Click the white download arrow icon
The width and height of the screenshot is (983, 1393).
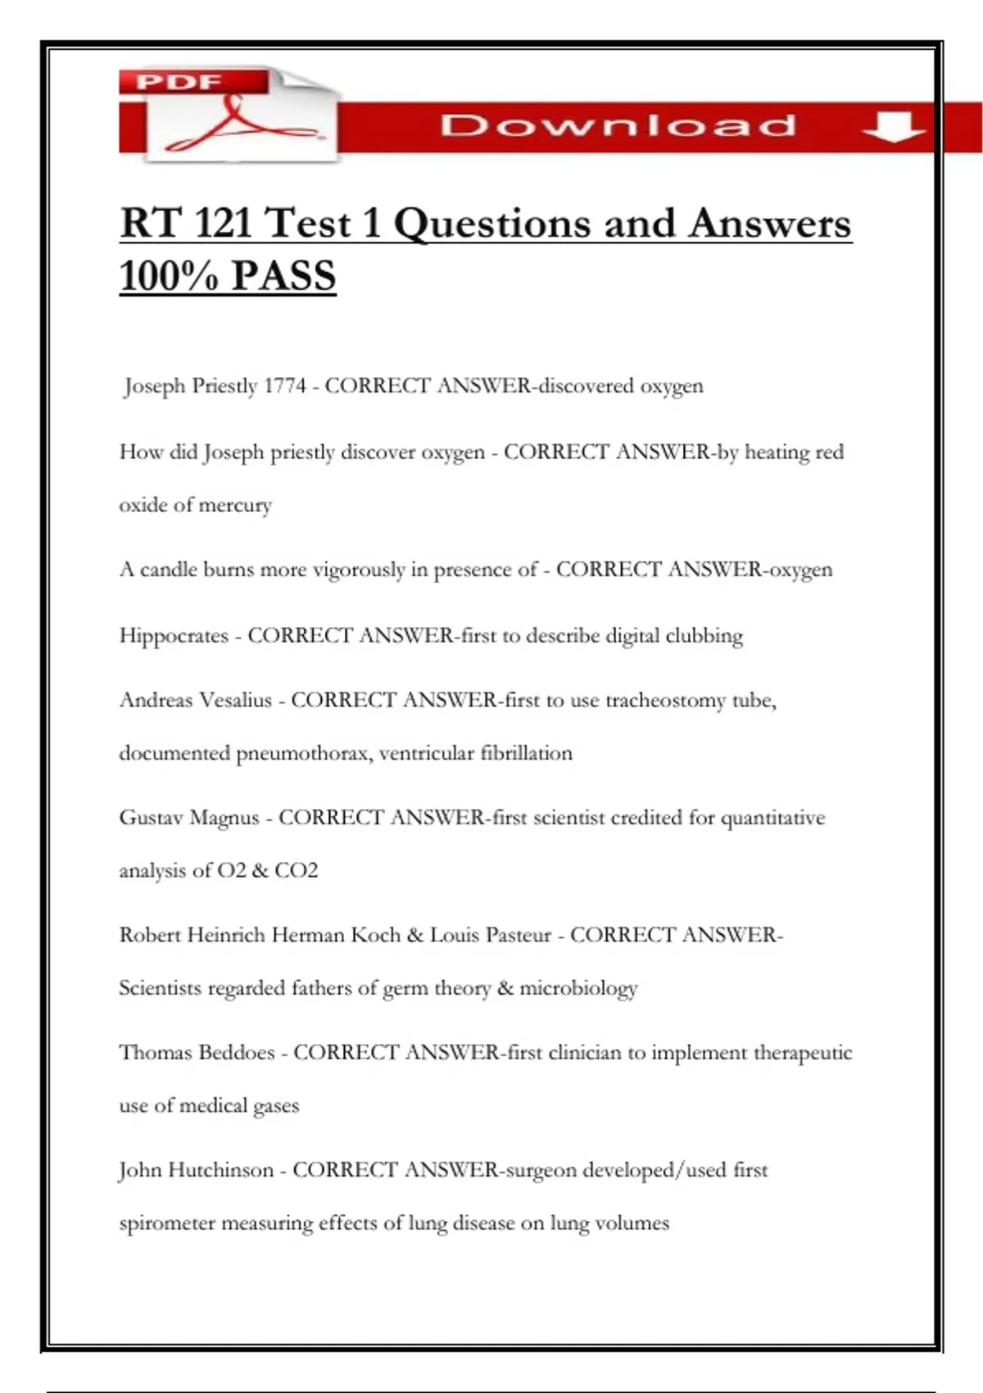click(x=894, y=128)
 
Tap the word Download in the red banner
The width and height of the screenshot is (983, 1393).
click(x=618, y=126)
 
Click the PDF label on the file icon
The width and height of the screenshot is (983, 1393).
click(x=179, y=82)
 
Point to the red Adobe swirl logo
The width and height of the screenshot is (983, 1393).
click(x=238, y=125)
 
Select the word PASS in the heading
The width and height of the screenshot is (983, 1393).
click(x=283, y=275)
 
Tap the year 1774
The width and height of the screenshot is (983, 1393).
click(x=284, y=385)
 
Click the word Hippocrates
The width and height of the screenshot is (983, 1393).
click(x=174, y=636)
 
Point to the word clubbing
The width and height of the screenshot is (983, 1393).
click(x=704, y=636)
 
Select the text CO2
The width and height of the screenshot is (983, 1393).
click(x=296, y=870)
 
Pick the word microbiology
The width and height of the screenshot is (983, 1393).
click(x=578, y=988)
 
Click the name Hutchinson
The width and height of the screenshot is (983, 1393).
click(x=220, y=1170)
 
